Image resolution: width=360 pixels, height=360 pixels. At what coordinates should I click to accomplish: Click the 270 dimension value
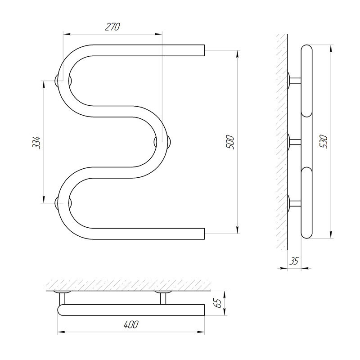click(112, 27)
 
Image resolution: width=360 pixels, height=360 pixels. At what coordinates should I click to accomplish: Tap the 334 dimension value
click(36, 143)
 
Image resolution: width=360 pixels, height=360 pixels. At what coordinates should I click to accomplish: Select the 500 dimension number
click(230, 143)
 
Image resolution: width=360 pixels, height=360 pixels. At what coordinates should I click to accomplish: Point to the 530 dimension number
click(324, 142)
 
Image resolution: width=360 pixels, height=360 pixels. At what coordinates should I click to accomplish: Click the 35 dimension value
click(294, 261)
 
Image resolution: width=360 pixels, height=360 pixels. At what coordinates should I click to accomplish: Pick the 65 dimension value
click(217, 303)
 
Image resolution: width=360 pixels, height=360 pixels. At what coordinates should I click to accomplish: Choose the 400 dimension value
click(131, 324)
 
